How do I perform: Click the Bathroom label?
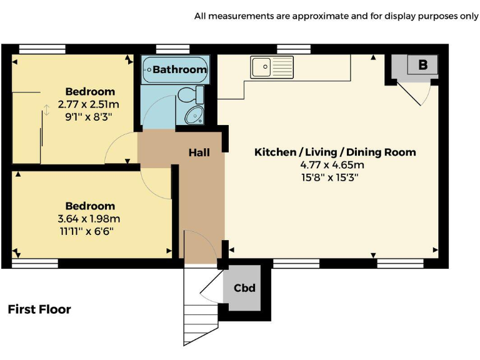click(179, 69)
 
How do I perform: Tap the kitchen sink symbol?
click(272, 66)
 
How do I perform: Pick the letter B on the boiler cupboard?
click(422, 65)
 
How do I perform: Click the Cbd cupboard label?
click(244, 288)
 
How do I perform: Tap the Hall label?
click(199, 152)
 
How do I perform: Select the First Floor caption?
click(39, 309)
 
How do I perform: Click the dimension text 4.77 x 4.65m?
click(332, 166)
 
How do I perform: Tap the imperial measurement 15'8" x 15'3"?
click(332, 177)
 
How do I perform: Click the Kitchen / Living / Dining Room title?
click(335, 152)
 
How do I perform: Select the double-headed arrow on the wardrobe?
click(46, 111)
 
